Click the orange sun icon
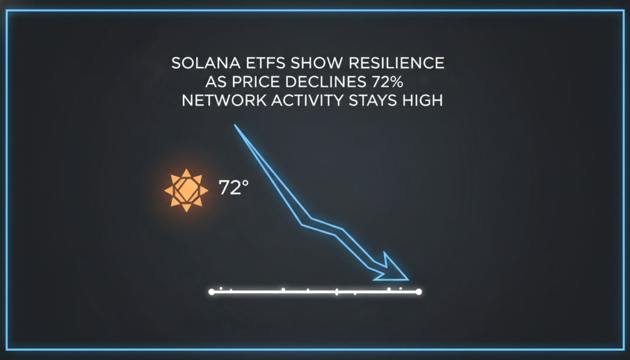click(x=186, y=190)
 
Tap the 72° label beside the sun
click(x=234, y=188)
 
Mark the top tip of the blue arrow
click(x=235, y=126)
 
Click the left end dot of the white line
click(x=212, y=292)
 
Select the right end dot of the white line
click(x=418, y=292)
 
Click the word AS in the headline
click(x=215, y=81)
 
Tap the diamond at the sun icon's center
click(x=186, y=190)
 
